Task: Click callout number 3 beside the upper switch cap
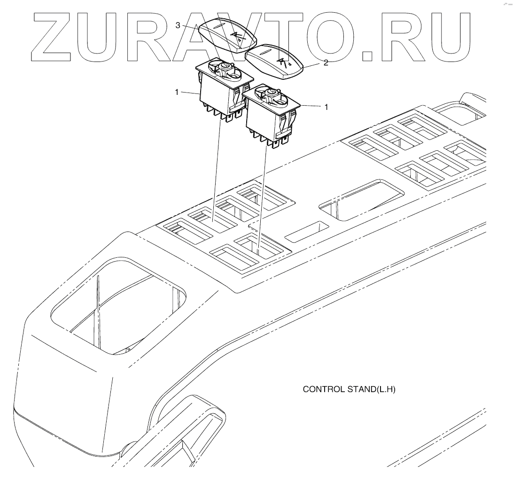click(178, 25)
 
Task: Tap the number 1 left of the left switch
click(177, 93)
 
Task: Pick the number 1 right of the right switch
click(326, 107)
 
